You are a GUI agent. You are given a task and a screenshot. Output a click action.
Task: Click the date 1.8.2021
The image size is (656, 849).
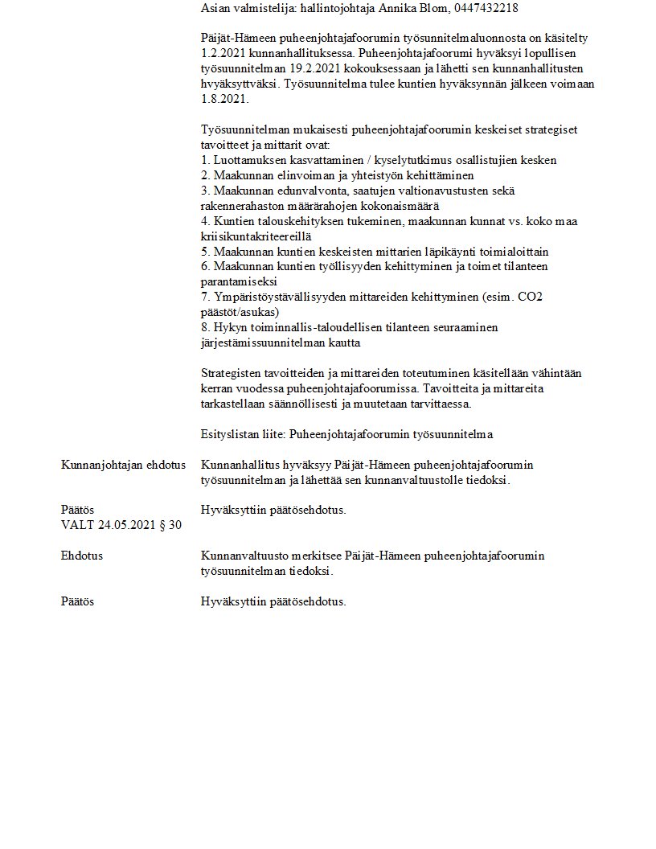click(225, 99)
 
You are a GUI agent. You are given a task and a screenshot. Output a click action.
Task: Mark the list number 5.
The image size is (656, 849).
click(204, 252)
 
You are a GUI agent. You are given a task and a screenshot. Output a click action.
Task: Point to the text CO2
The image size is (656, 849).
click(529, 297)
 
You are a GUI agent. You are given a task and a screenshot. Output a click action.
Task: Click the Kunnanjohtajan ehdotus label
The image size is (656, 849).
click(123, 466)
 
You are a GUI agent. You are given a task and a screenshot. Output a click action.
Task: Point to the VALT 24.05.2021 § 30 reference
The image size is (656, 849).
click(121, 526)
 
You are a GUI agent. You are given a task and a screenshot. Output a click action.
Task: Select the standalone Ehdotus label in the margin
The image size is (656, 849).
click(81, 556)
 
